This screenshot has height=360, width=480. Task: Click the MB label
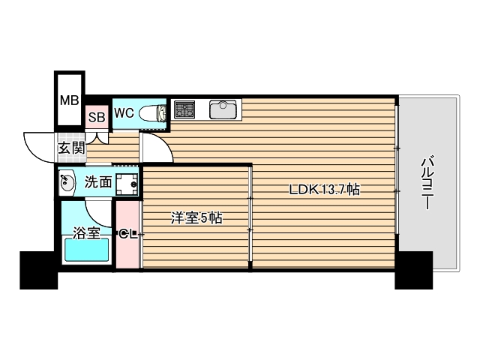click(69, 100)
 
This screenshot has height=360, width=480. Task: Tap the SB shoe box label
click(96, 116)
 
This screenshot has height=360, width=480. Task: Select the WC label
click(124, 113)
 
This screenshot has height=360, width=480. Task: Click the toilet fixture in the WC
click(154, 113)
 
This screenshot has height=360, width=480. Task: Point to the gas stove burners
click(184, 110)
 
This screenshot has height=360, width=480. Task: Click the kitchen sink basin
click(223, 109)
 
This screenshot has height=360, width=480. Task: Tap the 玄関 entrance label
click(71, 148)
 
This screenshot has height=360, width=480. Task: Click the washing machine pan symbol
click(127, 181)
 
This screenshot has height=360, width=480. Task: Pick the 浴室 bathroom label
click(85, 232)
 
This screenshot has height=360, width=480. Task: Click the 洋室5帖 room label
click(196, 219)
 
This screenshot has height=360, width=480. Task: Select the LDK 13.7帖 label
click(324, 190)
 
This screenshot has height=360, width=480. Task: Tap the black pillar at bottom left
click(38, 270)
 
